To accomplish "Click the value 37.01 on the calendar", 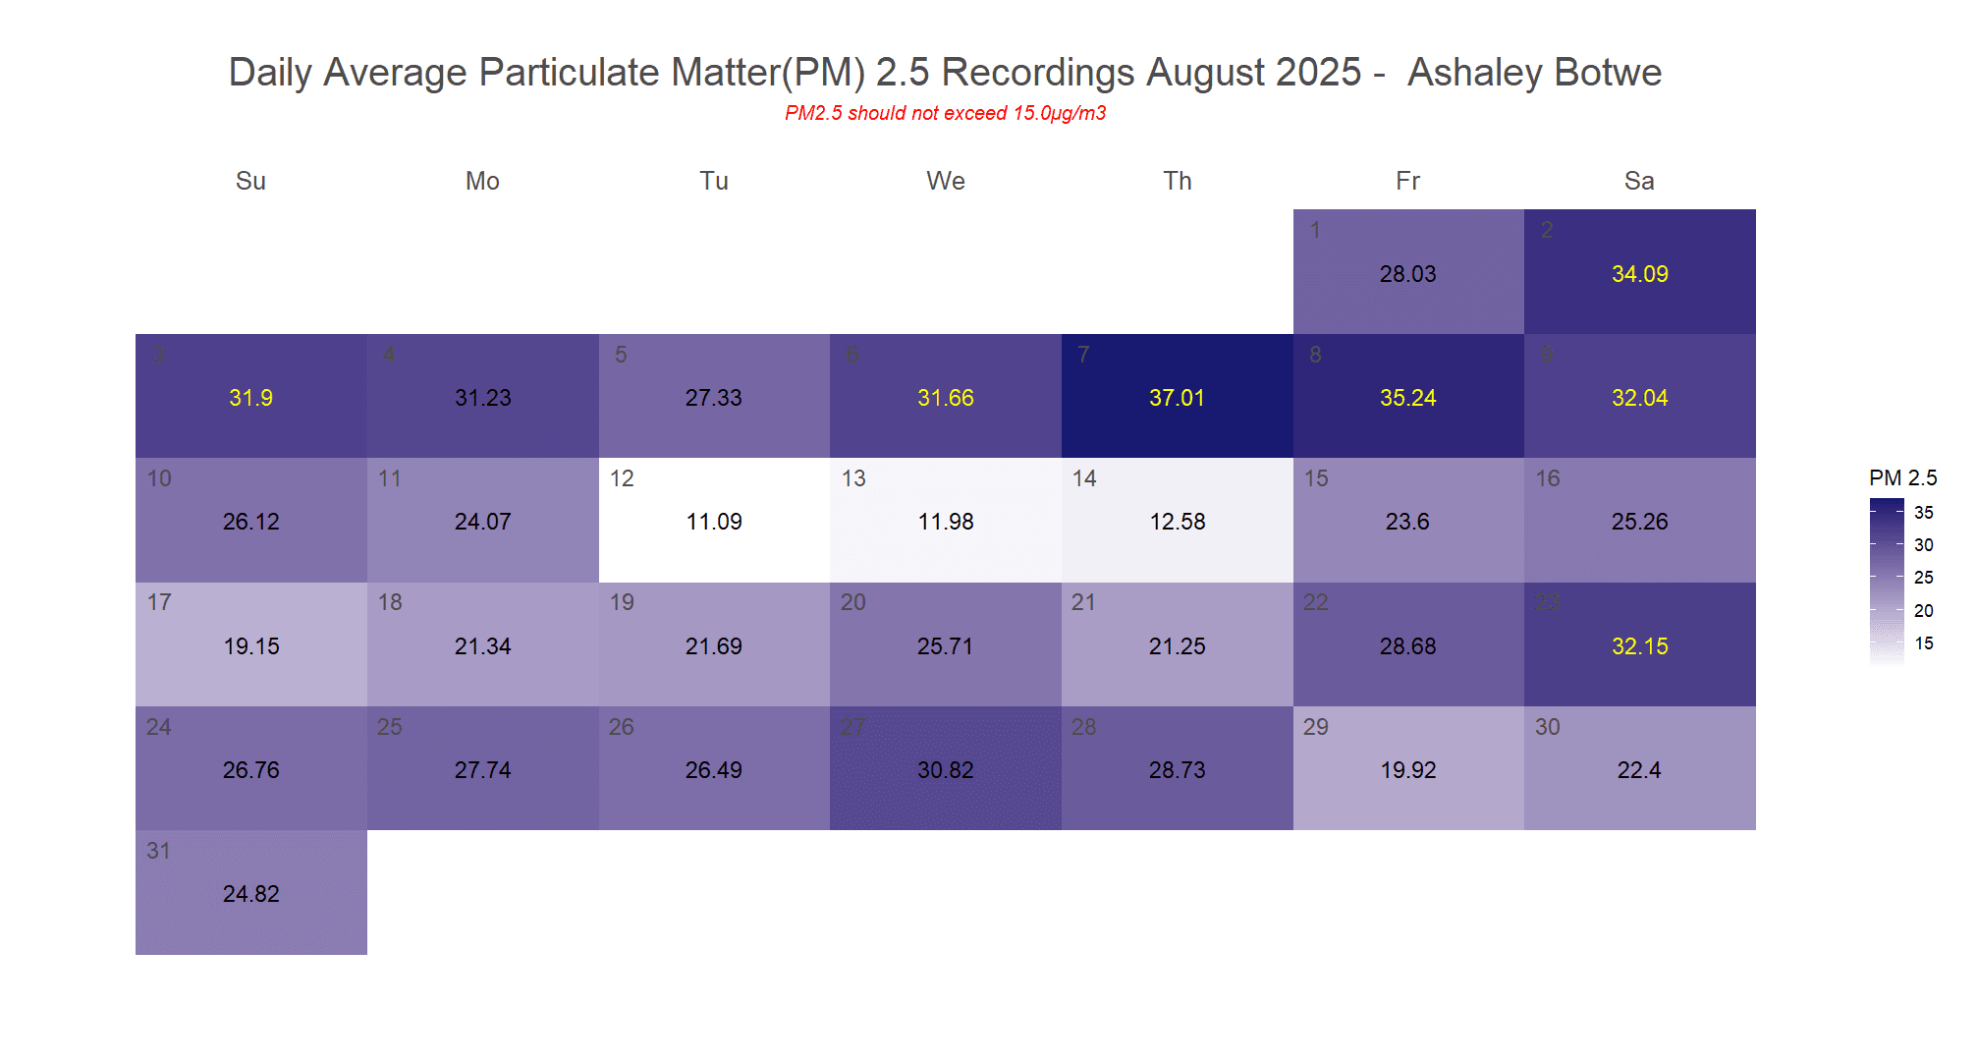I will pos(1177,398).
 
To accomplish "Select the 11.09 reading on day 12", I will pos(714,522).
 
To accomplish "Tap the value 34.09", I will pos(1639,274).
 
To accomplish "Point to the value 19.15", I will pos(251,646).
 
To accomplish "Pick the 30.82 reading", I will pos(945,770).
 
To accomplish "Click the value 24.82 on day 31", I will pos(251,894).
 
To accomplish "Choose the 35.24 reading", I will pos(1407,398).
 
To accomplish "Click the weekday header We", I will pos(946,181).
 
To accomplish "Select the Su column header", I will pos(250,181).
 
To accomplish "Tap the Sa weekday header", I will pos(1639,181).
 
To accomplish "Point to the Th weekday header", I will pos(1178,181).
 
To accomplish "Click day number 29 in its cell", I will pos(1316,727).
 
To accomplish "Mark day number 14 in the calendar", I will pos(1084,478).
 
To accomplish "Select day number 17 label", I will pos(159,602).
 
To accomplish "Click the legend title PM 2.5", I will pos(1902,478).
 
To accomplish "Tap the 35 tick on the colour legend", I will pos(1923,513).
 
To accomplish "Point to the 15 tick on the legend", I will pos(1923,643).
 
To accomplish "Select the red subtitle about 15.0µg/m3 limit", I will pos(945,113).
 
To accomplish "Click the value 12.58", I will pos(1178,522).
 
